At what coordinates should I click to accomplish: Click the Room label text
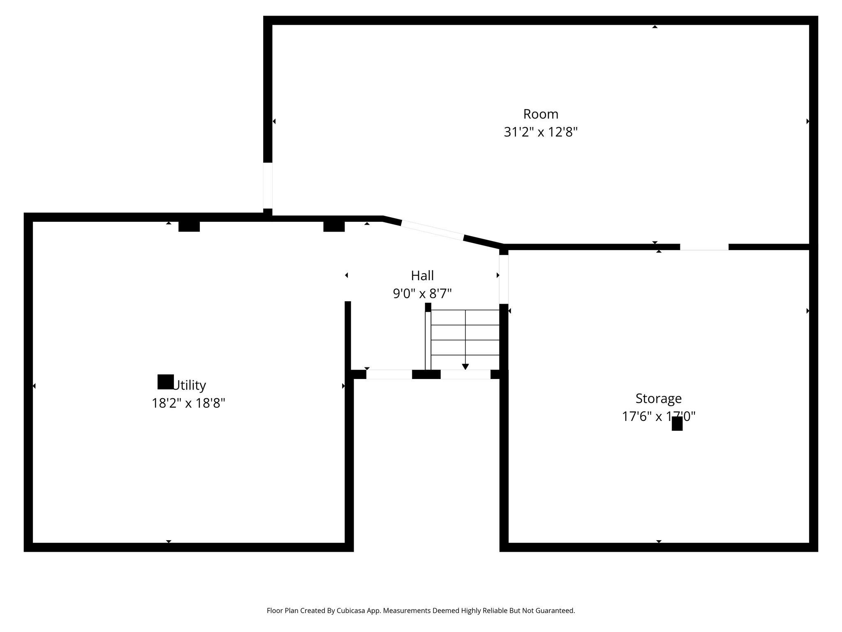[541, 114]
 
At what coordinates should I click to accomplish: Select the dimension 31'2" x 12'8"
[541, 132]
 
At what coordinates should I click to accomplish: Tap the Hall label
[422, 276]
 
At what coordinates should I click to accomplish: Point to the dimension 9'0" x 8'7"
[422, 294]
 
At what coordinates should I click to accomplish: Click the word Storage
[658, 398]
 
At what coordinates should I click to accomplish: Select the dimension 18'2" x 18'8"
[188, 403]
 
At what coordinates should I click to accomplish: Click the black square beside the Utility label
[166, 382]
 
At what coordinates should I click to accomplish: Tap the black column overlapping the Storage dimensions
[677, 423]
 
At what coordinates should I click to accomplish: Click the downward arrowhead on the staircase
[465, 367]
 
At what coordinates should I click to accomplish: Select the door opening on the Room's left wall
[268, 186]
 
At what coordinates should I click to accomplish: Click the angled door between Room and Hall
[432, 230]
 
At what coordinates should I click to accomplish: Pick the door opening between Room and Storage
[704, 247]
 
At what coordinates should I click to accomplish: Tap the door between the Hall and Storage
[504, 279]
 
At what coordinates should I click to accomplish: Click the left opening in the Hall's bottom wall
[389, 374]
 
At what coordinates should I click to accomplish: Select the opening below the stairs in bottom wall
[465, 374]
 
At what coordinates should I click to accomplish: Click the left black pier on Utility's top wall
[189, 226]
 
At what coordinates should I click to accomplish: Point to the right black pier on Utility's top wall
[334, 226]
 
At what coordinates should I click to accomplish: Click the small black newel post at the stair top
[428, 307]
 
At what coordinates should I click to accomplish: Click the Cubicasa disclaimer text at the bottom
[421, 611]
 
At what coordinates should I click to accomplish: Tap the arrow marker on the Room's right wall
[807, 121]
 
